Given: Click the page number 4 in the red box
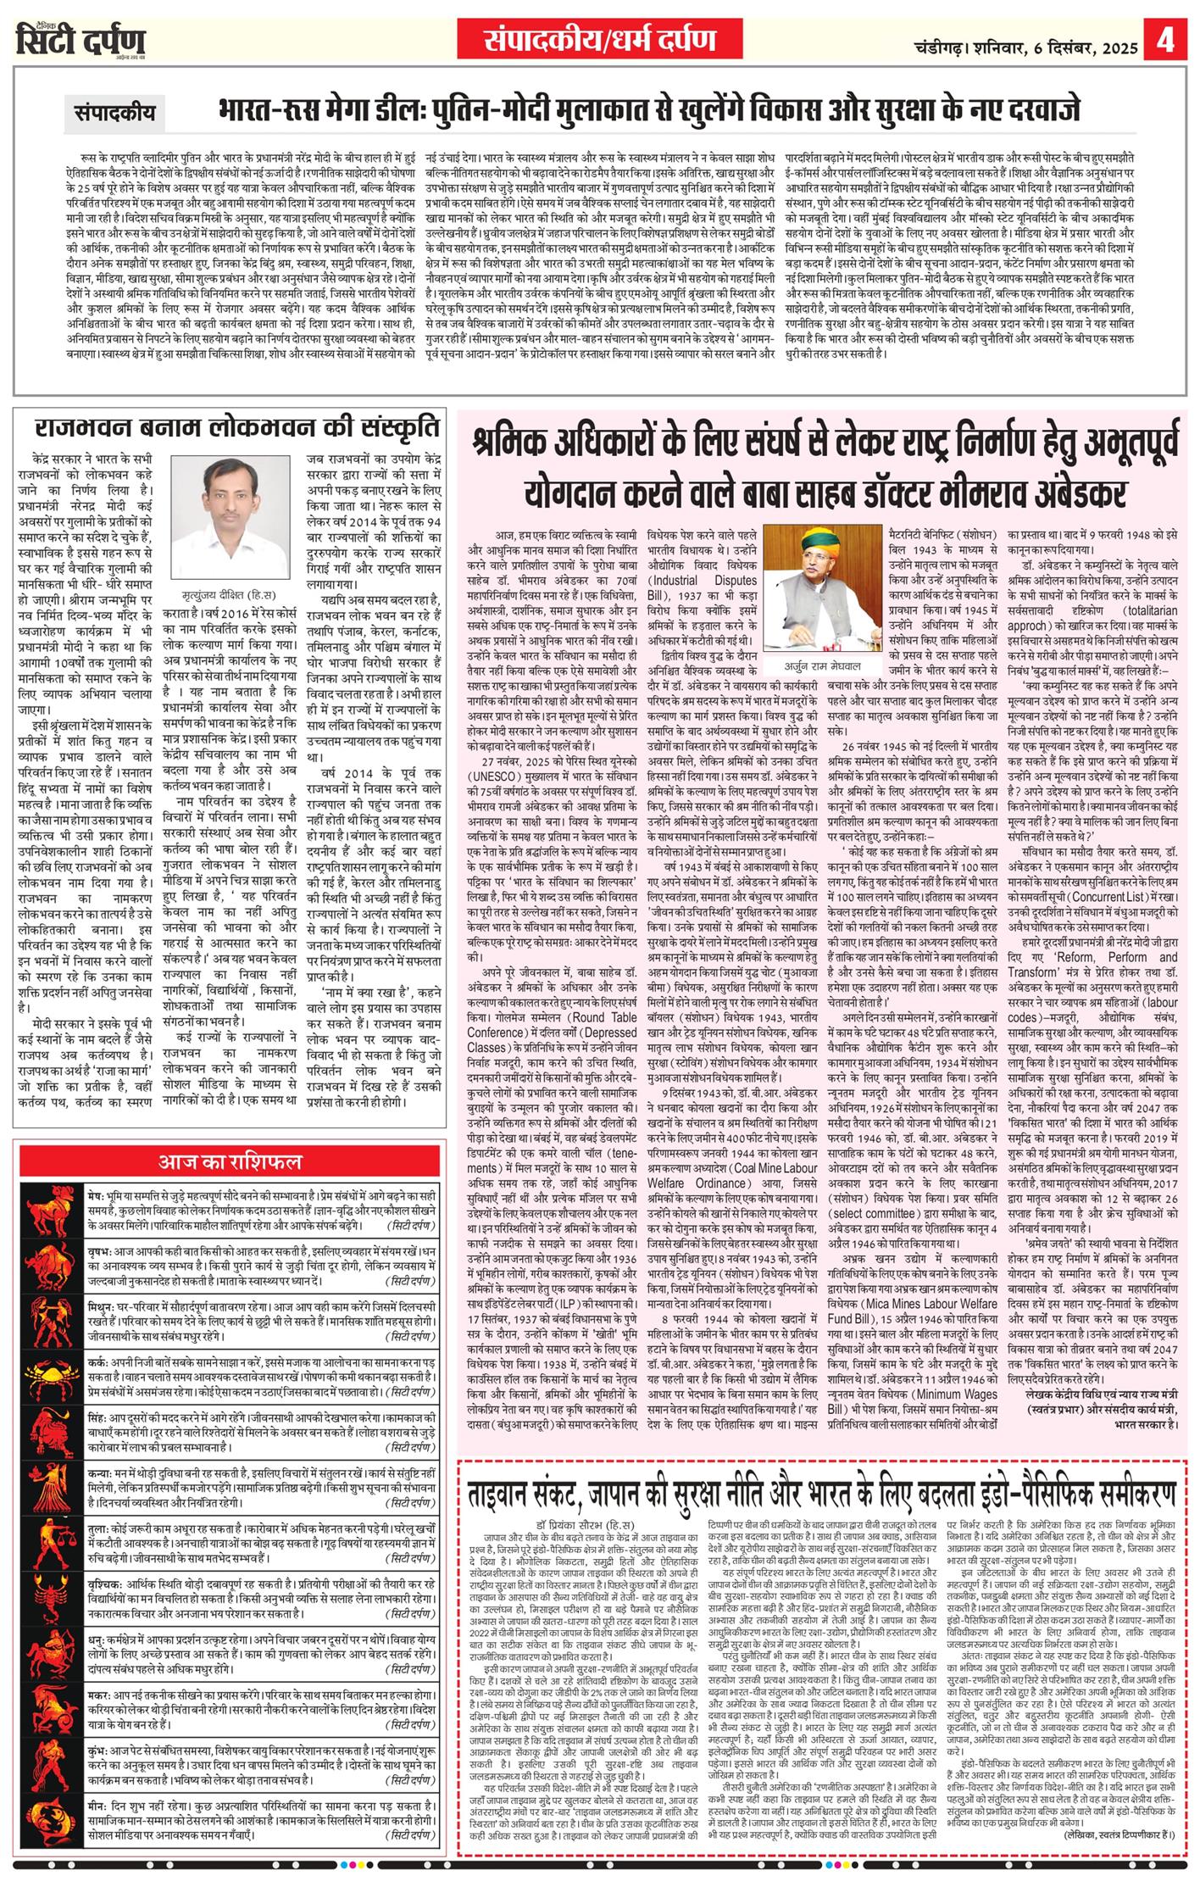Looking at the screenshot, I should (1168, 41).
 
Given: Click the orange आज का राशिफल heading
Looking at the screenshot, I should (230, 1161).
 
